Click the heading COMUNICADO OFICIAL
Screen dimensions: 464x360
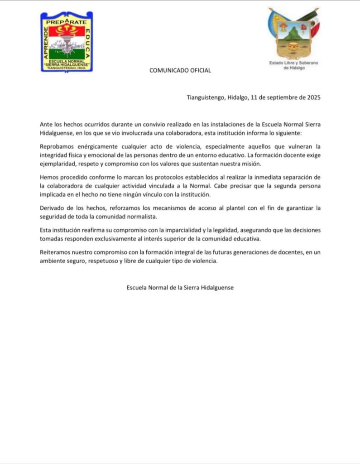pyautogui.click(x=180, y=70)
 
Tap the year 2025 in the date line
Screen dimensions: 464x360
pyautogui.click(x=312, y=97)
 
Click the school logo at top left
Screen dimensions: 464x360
pyautogui.click(x=67, y=42)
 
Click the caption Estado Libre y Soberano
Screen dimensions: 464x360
pyautogui.click(x=294, y=63)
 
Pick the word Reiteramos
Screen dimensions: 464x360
pyautogui.click(x=56, y=251)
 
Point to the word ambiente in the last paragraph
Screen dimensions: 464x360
pyautogui.click(x=53, y=260)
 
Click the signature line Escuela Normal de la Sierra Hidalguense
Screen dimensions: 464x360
pyautogui.click(x=180, y=287)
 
